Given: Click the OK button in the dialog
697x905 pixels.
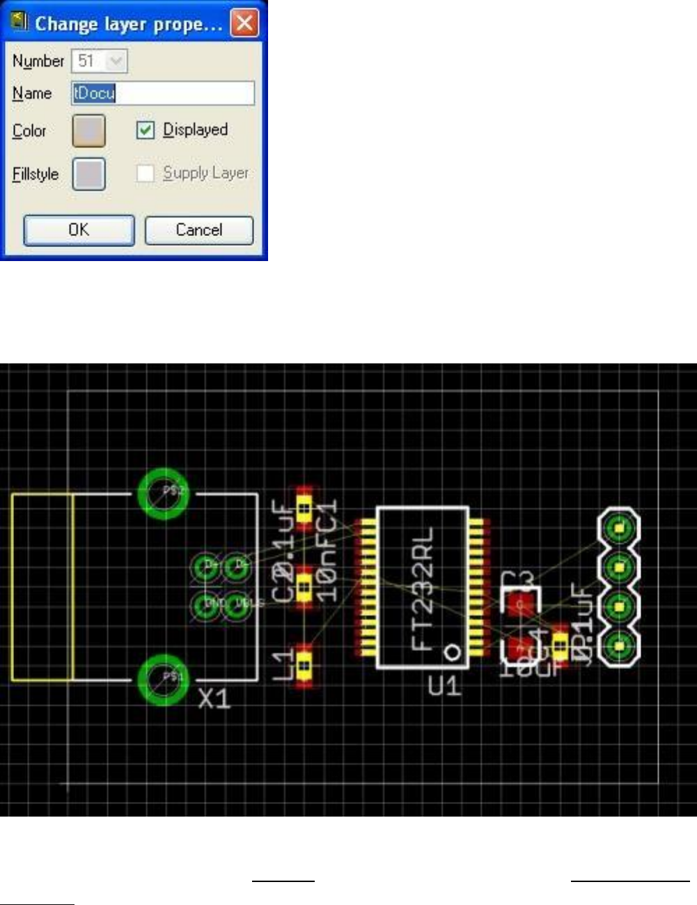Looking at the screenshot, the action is tap(79, 230).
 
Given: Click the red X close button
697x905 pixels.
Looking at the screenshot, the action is tap(244, 24).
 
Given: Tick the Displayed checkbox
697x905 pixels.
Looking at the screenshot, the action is tap(145, 130).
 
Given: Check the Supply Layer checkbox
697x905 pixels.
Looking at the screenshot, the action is tap(145, 173).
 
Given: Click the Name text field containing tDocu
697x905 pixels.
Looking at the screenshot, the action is tap(163, 93).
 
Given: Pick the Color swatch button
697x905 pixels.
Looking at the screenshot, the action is tap(89, 131).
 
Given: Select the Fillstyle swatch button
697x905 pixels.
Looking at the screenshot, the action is tap(89, 174).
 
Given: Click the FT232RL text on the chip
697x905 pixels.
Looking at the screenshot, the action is tap(423, 588).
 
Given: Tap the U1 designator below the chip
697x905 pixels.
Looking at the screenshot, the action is tap(444, 686).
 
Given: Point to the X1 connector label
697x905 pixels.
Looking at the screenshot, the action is tap(214, 699).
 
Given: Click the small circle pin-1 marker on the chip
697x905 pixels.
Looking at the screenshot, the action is tap(453, 652).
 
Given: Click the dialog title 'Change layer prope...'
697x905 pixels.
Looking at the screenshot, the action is tap(129, 24).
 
